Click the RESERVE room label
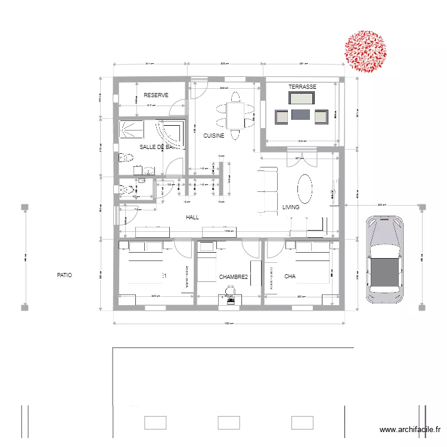click(156, 95)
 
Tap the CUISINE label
click(213, 136)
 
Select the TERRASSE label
click(302, 87)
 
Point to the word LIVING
click(291, 208)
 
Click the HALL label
click(192, 218)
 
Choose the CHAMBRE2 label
click(233, 277)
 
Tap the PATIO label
click(64, 275)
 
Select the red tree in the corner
click(365, 52)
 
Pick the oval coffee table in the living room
click(305, 189)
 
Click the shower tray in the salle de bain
click(132, 129)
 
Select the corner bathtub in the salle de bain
click(173, 131)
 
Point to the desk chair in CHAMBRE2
click(231, 291)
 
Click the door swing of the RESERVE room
click(177, 107)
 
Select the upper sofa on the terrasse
click(302, 98)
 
